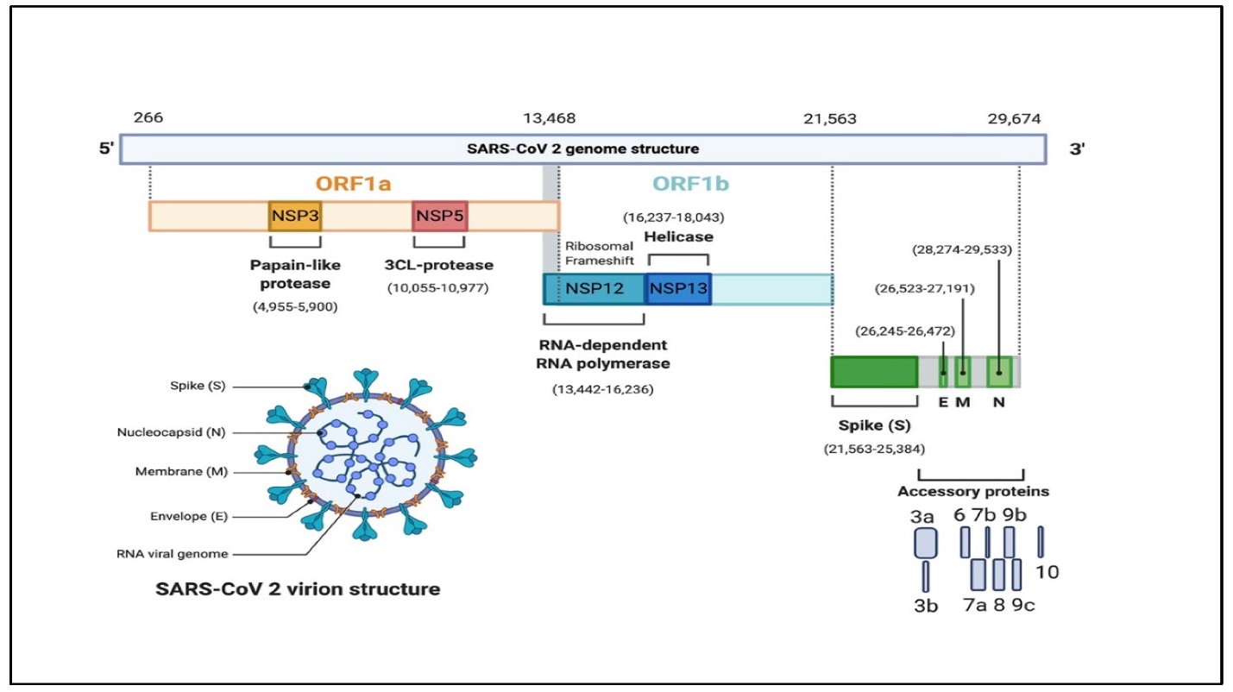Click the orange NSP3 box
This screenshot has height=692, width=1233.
pos(295,216)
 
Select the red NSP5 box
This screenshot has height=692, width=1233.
pos(440,216)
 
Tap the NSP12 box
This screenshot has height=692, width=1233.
pos(594,289)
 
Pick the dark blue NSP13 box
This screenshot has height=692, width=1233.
pos(678,289)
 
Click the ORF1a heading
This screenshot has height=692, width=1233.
pos(354,183)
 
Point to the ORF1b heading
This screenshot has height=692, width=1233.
pos(691,183)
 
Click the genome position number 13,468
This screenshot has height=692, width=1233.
pos(549,118)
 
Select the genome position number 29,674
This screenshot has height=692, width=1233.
pos(1014,119)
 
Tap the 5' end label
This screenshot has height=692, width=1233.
pos(106,148)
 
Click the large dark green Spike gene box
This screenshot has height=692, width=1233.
pos(874,372)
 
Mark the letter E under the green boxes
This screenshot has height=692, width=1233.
pos(943,402)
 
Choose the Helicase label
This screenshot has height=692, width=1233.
pos(679,236)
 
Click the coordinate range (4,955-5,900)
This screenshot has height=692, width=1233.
pos(295,306)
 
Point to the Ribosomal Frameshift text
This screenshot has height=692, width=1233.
pos(599,253)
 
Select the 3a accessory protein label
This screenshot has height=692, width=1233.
pos(922,516)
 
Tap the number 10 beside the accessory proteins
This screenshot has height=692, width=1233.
pos(1047,572)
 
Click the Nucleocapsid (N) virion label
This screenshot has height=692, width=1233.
pos(171,432)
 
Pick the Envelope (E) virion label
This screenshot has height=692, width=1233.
pos(189,516)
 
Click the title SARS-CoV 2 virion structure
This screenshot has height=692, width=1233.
pos(298,589)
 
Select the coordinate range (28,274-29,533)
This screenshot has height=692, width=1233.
pos(962,249)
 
